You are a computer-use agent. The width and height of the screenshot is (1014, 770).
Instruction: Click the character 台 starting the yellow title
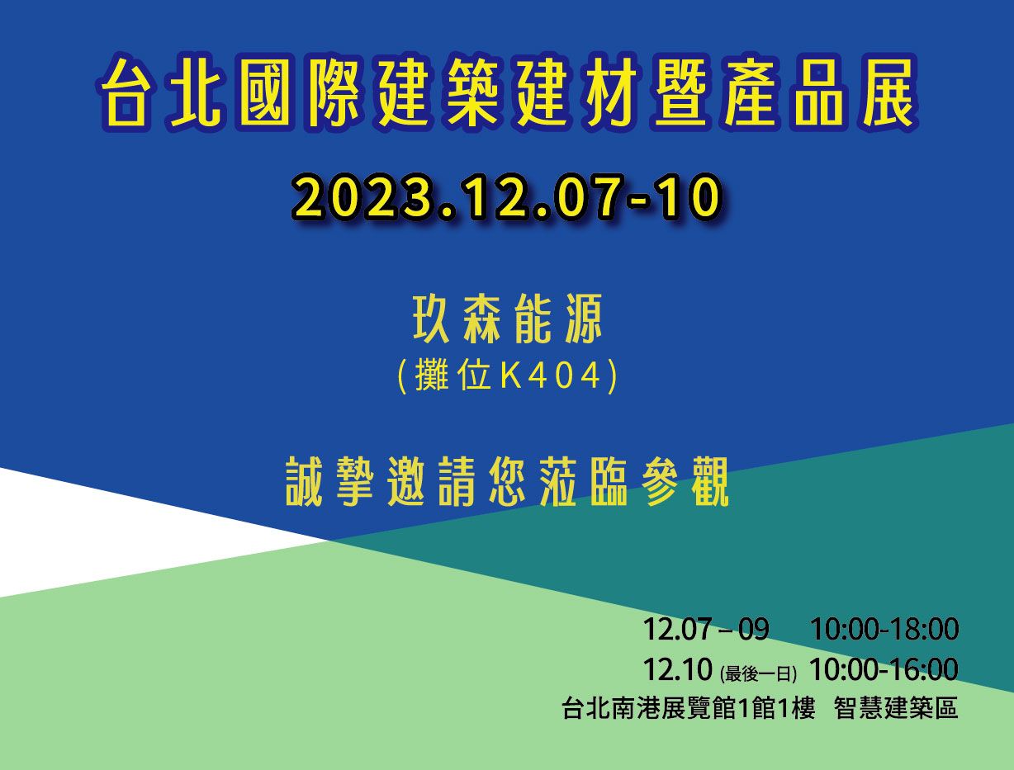point(125,92)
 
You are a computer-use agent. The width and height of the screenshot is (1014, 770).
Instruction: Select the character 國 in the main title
point(263,92)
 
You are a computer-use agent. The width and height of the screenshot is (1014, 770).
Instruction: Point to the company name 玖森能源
point(507,319)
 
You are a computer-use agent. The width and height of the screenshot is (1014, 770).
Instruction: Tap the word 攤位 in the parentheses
point(452,376)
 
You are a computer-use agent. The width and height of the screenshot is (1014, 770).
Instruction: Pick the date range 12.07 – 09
point(706,629)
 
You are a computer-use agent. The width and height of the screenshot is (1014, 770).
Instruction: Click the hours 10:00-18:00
point(884,629)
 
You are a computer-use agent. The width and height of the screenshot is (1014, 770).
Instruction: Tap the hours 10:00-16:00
point(884,669)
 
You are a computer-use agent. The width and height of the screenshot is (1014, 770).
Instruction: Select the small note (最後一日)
point(758,674)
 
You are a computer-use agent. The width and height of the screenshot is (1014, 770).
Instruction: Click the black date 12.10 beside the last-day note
point(677,669)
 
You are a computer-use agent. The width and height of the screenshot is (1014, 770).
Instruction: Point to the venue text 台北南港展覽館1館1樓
point(688,708)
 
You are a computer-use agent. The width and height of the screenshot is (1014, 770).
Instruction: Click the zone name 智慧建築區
point(896,708)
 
